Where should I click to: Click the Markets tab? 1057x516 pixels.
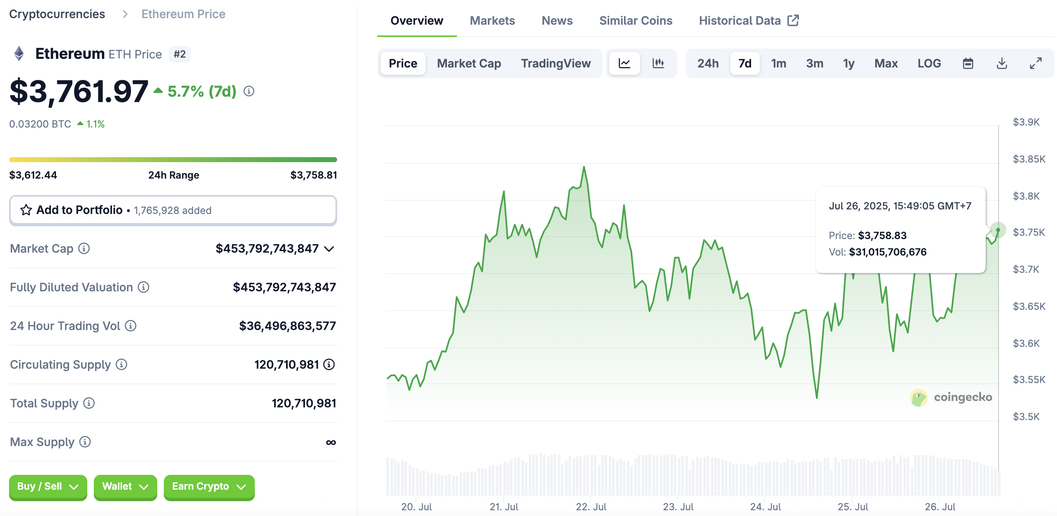click(492, 21)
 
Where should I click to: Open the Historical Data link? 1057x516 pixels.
click(748, 21)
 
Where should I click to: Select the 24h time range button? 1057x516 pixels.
click(708, 63)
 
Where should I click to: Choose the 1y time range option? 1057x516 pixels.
click(848, 63)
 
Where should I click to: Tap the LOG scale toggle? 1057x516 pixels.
click(929, 63)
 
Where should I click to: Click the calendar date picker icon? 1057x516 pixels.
click(968, 63)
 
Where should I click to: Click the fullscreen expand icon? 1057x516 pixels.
click(1036, 63)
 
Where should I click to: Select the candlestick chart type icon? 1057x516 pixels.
click(658, 63)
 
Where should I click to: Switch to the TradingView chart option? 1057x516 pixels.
click(556, 63)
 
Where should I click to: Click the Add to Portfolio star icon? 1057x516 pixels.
click(26, 210)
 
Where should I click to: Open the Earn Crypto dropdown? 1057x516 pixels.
click(209, 486)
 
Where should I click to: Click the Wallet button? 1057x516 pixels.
click(125, 486)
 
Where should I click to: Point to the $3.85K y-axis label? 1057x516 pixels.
click(1029, 159)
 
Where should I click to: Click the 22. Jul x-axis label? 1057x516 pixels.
click(591, 507)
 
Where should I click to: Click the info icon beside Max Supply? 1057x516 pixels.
click(85, 442)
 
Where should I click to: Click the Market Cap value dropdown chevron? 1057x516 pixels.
click(329, 249)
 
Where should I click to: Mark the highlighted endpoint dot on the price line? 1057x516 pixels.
click(998, 230)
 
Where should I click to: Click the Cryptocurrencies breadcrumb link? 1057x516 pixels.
click(57, 14)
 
